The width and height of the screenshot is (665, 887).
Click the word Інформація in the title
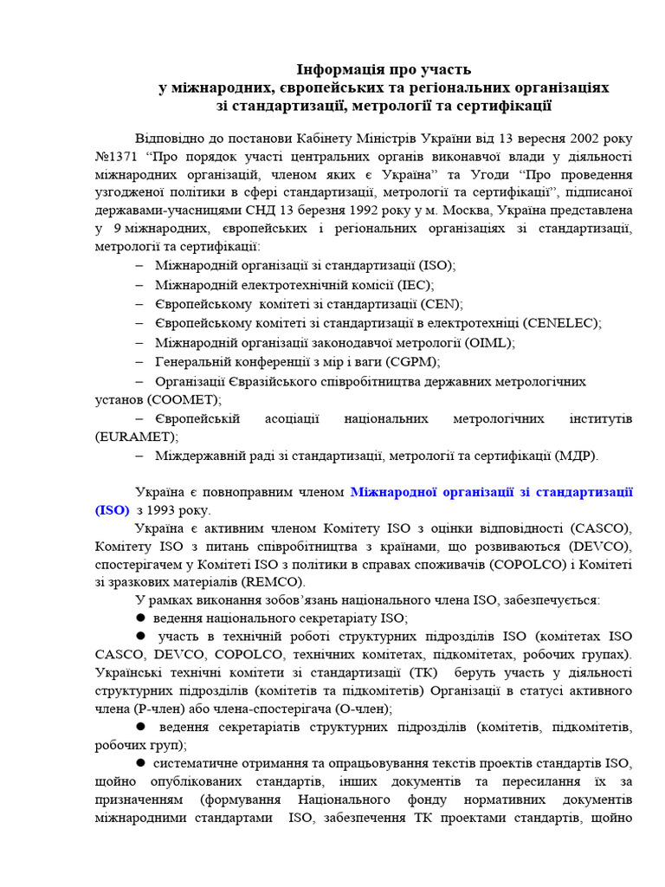coord(333,69)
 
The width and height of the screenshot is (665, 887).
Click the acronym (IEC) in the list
coord(415,284)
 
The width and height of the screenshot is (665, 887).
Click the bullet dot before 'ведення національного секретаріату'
coord(140,618)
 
